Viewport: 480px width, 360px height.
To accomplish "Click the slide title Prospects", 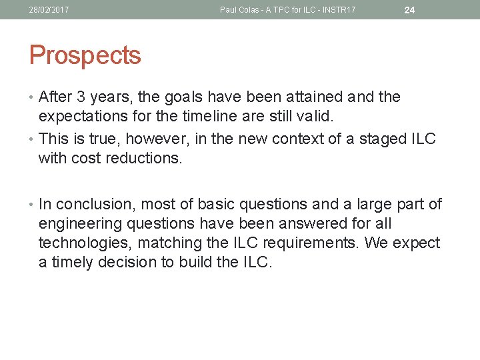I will tap(85, 55).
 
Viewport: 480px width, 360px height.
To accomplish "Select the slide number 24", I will tap(409, 10).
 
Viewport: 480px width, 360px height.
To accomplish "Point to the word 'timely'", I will tap(71, 262).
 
